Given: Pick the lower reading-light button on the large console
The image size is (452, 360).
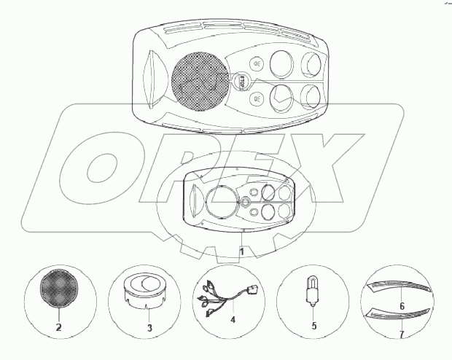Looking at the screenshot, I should coord(257,98).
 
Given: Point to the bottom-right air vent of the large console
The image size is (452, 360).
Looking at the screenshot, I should coord(313,97).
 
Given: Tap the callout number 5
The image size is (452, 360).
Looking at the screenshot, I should coord(313,325).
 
